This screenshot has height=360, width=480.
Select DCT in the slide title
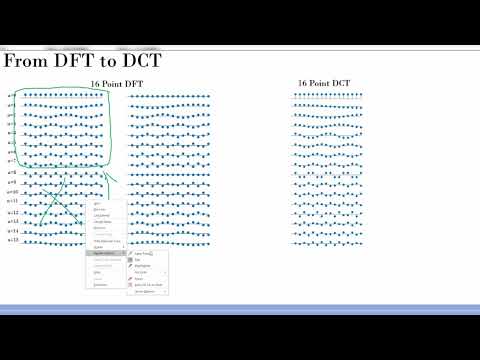143,62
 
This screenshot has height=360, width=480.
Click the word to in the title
107,63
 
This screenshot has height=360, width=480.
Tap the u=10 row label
12,192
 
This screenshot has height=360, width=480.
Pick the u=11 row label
12,202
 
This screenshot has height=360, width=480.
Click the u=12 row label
12,212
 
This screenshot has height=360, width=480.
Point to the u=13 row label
12,222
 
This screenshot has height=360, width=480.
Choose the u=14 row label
12,231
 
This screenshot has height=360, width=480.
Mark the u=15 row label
12,241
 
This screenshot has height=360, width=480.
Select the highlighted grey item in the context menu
106,253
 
